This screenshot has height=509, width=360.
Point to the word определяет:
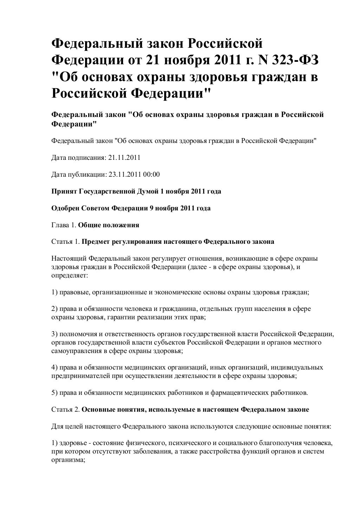tap(70, 275)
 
